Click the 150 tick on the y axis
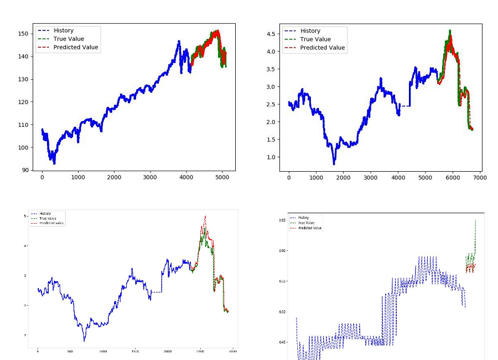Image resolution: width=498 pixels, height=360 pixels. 24,33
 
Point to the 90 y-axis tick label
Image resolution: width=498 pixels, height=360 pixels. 25,170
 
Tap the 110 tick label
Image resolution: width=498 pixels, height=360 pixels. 24,125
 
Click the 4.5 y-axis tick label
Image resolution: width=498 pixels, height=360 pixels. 271,34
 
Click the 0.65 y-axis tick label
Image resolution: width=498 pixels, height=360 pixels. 283,220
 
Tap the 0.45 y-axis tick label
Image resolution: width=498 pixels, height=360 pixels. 283,342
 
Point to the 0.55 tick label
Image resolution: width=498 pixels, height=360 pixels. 283,281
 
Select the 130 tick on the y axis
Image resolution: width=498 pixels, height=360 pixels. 24,79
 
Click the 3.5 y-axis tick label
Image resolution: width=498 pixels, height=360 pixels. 271,69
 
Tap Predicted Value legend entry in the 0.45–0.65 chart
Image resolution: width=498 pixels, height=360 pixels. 310,228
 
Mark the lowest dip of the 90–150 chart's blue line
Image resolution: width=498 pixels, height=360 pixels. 54,163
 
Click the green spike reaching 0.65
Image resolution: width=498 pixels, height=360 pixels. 475,220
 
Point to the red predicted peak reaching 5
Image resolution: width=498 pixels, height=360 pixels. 205,217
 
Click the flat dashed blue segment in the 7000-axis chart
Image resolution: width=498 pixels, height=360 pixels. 406,106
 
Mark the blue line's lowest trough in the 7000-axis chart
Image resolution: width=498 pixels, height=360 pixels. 334,164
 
